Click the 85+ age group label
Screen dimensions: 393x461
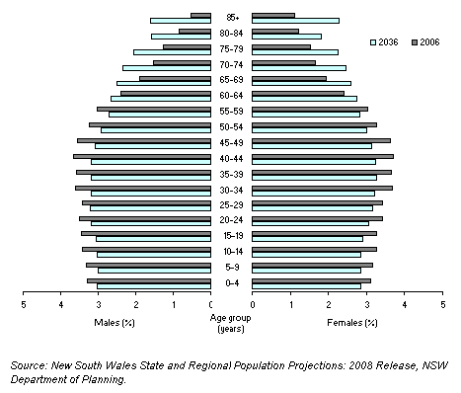[232, 18]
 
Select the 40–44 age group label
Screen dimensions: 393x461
[232, 159]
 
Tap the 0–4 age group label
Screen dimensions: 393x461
[232, 284]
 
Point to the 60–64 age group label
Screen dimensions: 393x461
[232, 96]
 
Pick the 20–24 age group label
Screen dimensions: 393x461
[232, 221]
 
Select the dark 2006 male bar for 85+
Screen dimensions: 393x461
[200, 15]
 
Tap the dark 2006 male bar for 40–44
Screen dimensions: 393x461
[141, 156]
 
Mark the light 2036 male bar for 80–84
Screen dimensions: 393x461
[181, 37]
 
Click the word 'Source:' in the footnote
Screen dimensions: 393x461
[30, 365]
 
